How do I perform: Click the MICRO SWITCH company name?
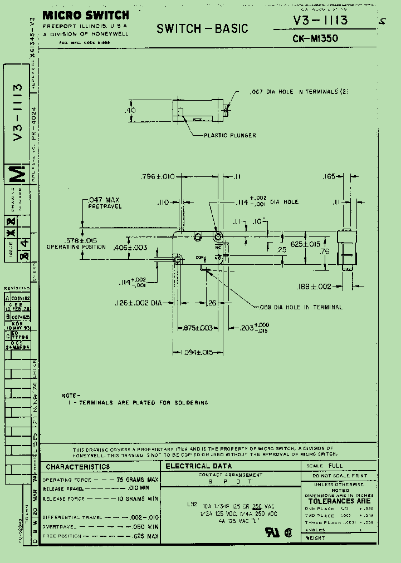[x=85, y=16]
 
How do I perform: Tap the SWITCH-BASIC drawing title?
[x=202, y=28]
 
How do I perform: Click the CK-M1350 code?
[x=315, y=39]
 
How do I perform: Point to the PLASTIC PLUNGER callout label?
[x=229, y=135]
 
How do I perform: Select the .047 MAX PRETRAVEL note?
[x=104, y=203]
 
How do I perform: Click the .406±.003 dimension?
[x=130, y=248]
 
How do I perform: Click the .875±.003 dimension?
[x=198, y=328]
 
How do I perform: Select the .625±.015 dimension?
[x=305, y=244]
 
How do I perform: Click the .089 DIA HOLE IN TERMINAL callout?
[x=301, y=307]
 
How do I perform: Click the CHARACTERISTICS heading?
[x=78, y=467]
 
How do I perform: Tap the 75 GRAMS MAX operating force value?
[x=137, y=480]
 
